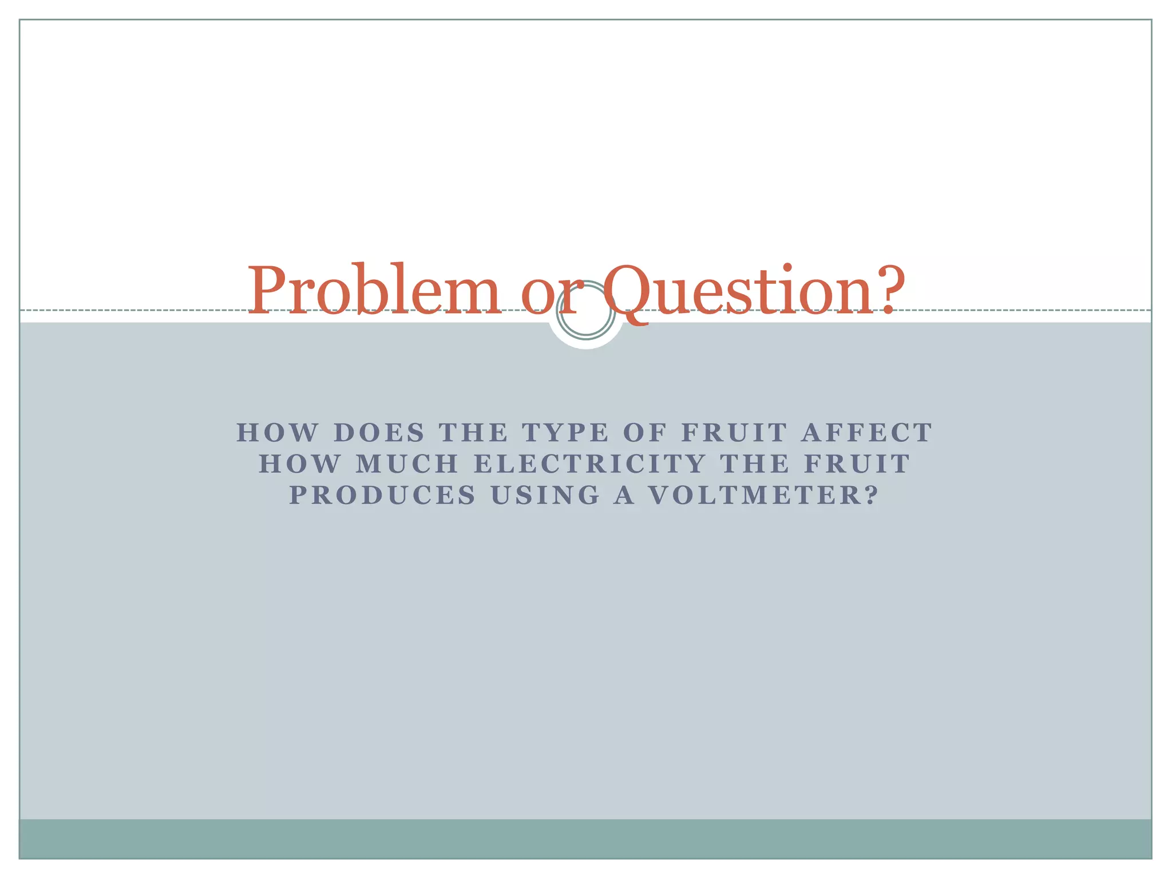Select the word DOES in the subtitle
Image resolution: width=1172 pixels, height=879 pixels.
point(379,433)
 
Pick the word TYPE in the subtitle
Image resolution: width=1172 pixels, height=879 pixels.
point(565,433)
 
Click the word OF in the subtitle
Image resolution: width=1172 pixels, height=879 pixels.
point(645,433)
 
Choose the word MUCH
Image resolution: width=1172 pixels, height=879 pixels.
point(407,464)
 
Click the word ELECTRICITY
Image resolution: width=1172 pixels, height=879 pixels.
point(590,464)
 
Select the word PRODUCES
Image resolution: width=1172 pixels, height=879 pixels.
point(382,495)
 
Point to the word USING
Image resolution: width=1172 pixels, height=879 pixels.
point(545,495)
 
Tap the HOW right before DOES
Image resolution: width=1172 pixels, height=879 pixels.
point(277,433)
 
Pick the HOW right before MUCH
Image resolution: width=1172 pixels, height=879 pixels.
point(299,464)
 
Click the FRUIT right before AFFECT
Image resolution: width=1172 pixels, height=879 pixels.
point(735,433)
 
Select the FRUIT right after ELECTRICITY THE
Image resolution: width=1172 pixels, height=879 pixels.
point(857,464)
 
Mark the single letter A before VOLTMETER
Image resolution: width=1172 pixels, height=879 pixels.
point(624,495)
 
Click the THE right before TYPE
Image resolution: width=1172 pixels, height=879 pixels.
point(473,433)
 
